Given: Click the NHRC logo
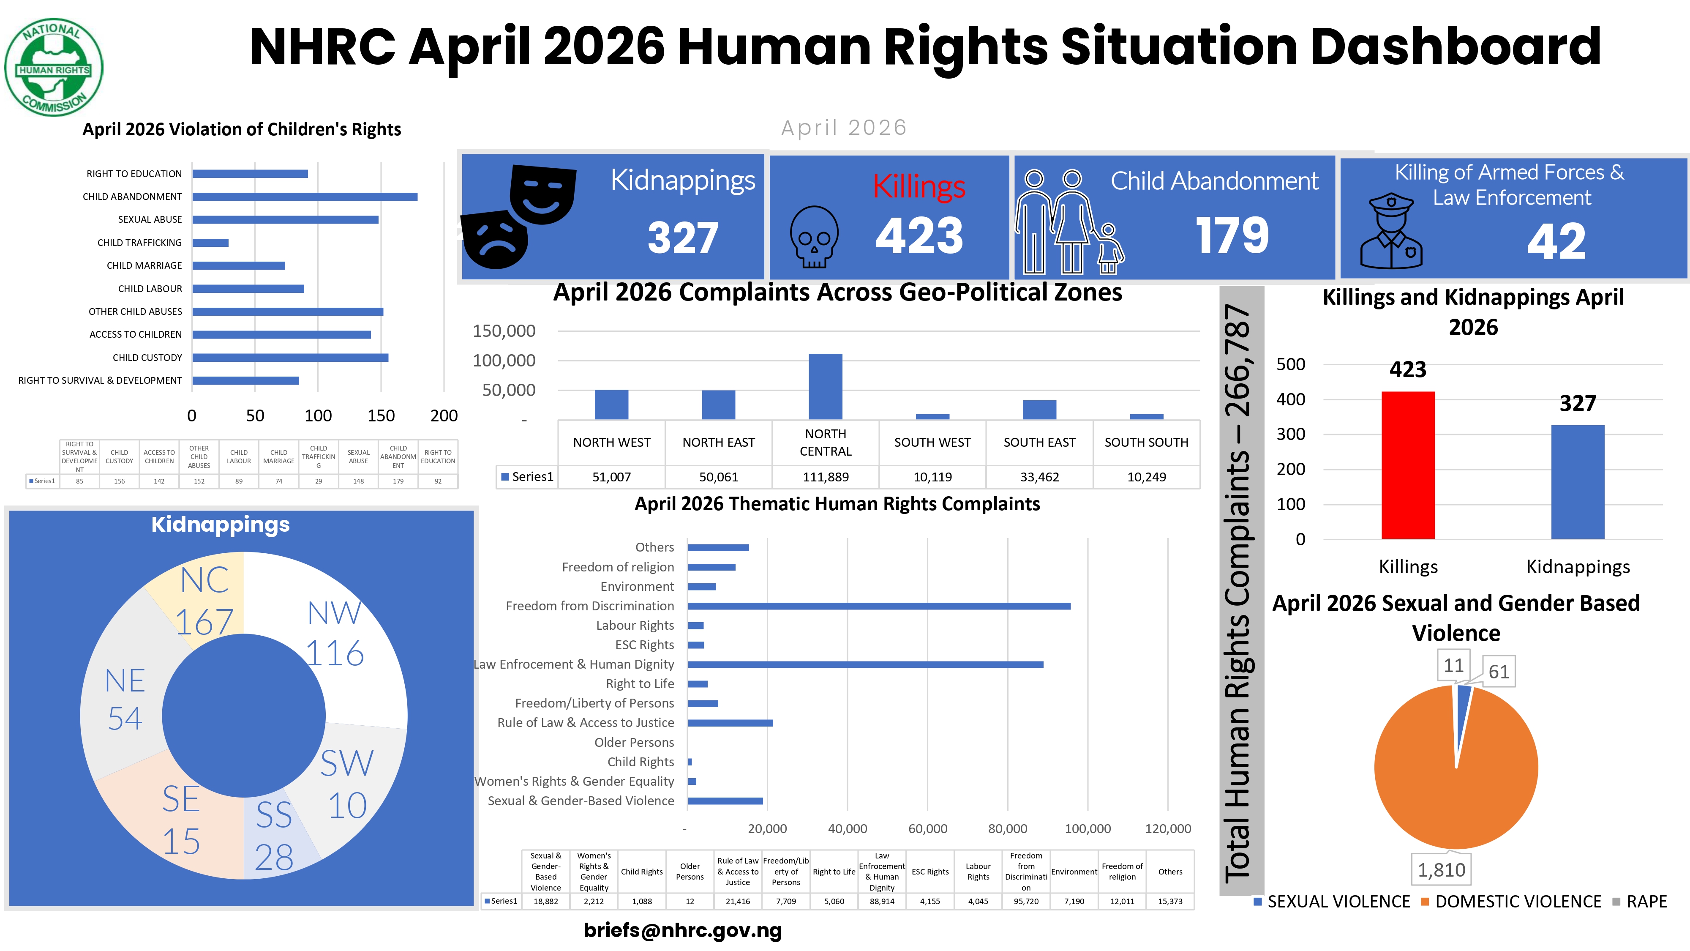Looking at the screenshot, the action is coord(54,67).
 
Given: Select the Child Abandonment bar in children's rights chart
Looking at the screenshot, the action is coord(305,197).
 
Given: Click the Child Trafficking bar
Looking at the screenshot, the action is coord(210,243).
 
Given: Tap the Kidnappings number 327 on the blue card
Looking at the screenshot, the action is coord(683,237).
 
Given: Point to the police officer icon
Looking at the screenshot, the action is coord(1391,231).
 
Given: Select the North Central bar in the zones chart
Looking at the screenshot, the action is coord(825,387).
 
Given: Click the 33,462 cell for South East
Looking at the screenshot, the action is coord(1039,477).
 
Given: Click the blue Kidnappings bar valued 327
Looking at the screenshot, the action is coord(1578,482).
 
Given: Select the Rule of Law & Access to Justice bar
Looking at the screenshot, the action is coord(730,723).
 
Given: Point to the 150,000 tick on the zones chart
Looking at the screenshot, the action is coord(504,331).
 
